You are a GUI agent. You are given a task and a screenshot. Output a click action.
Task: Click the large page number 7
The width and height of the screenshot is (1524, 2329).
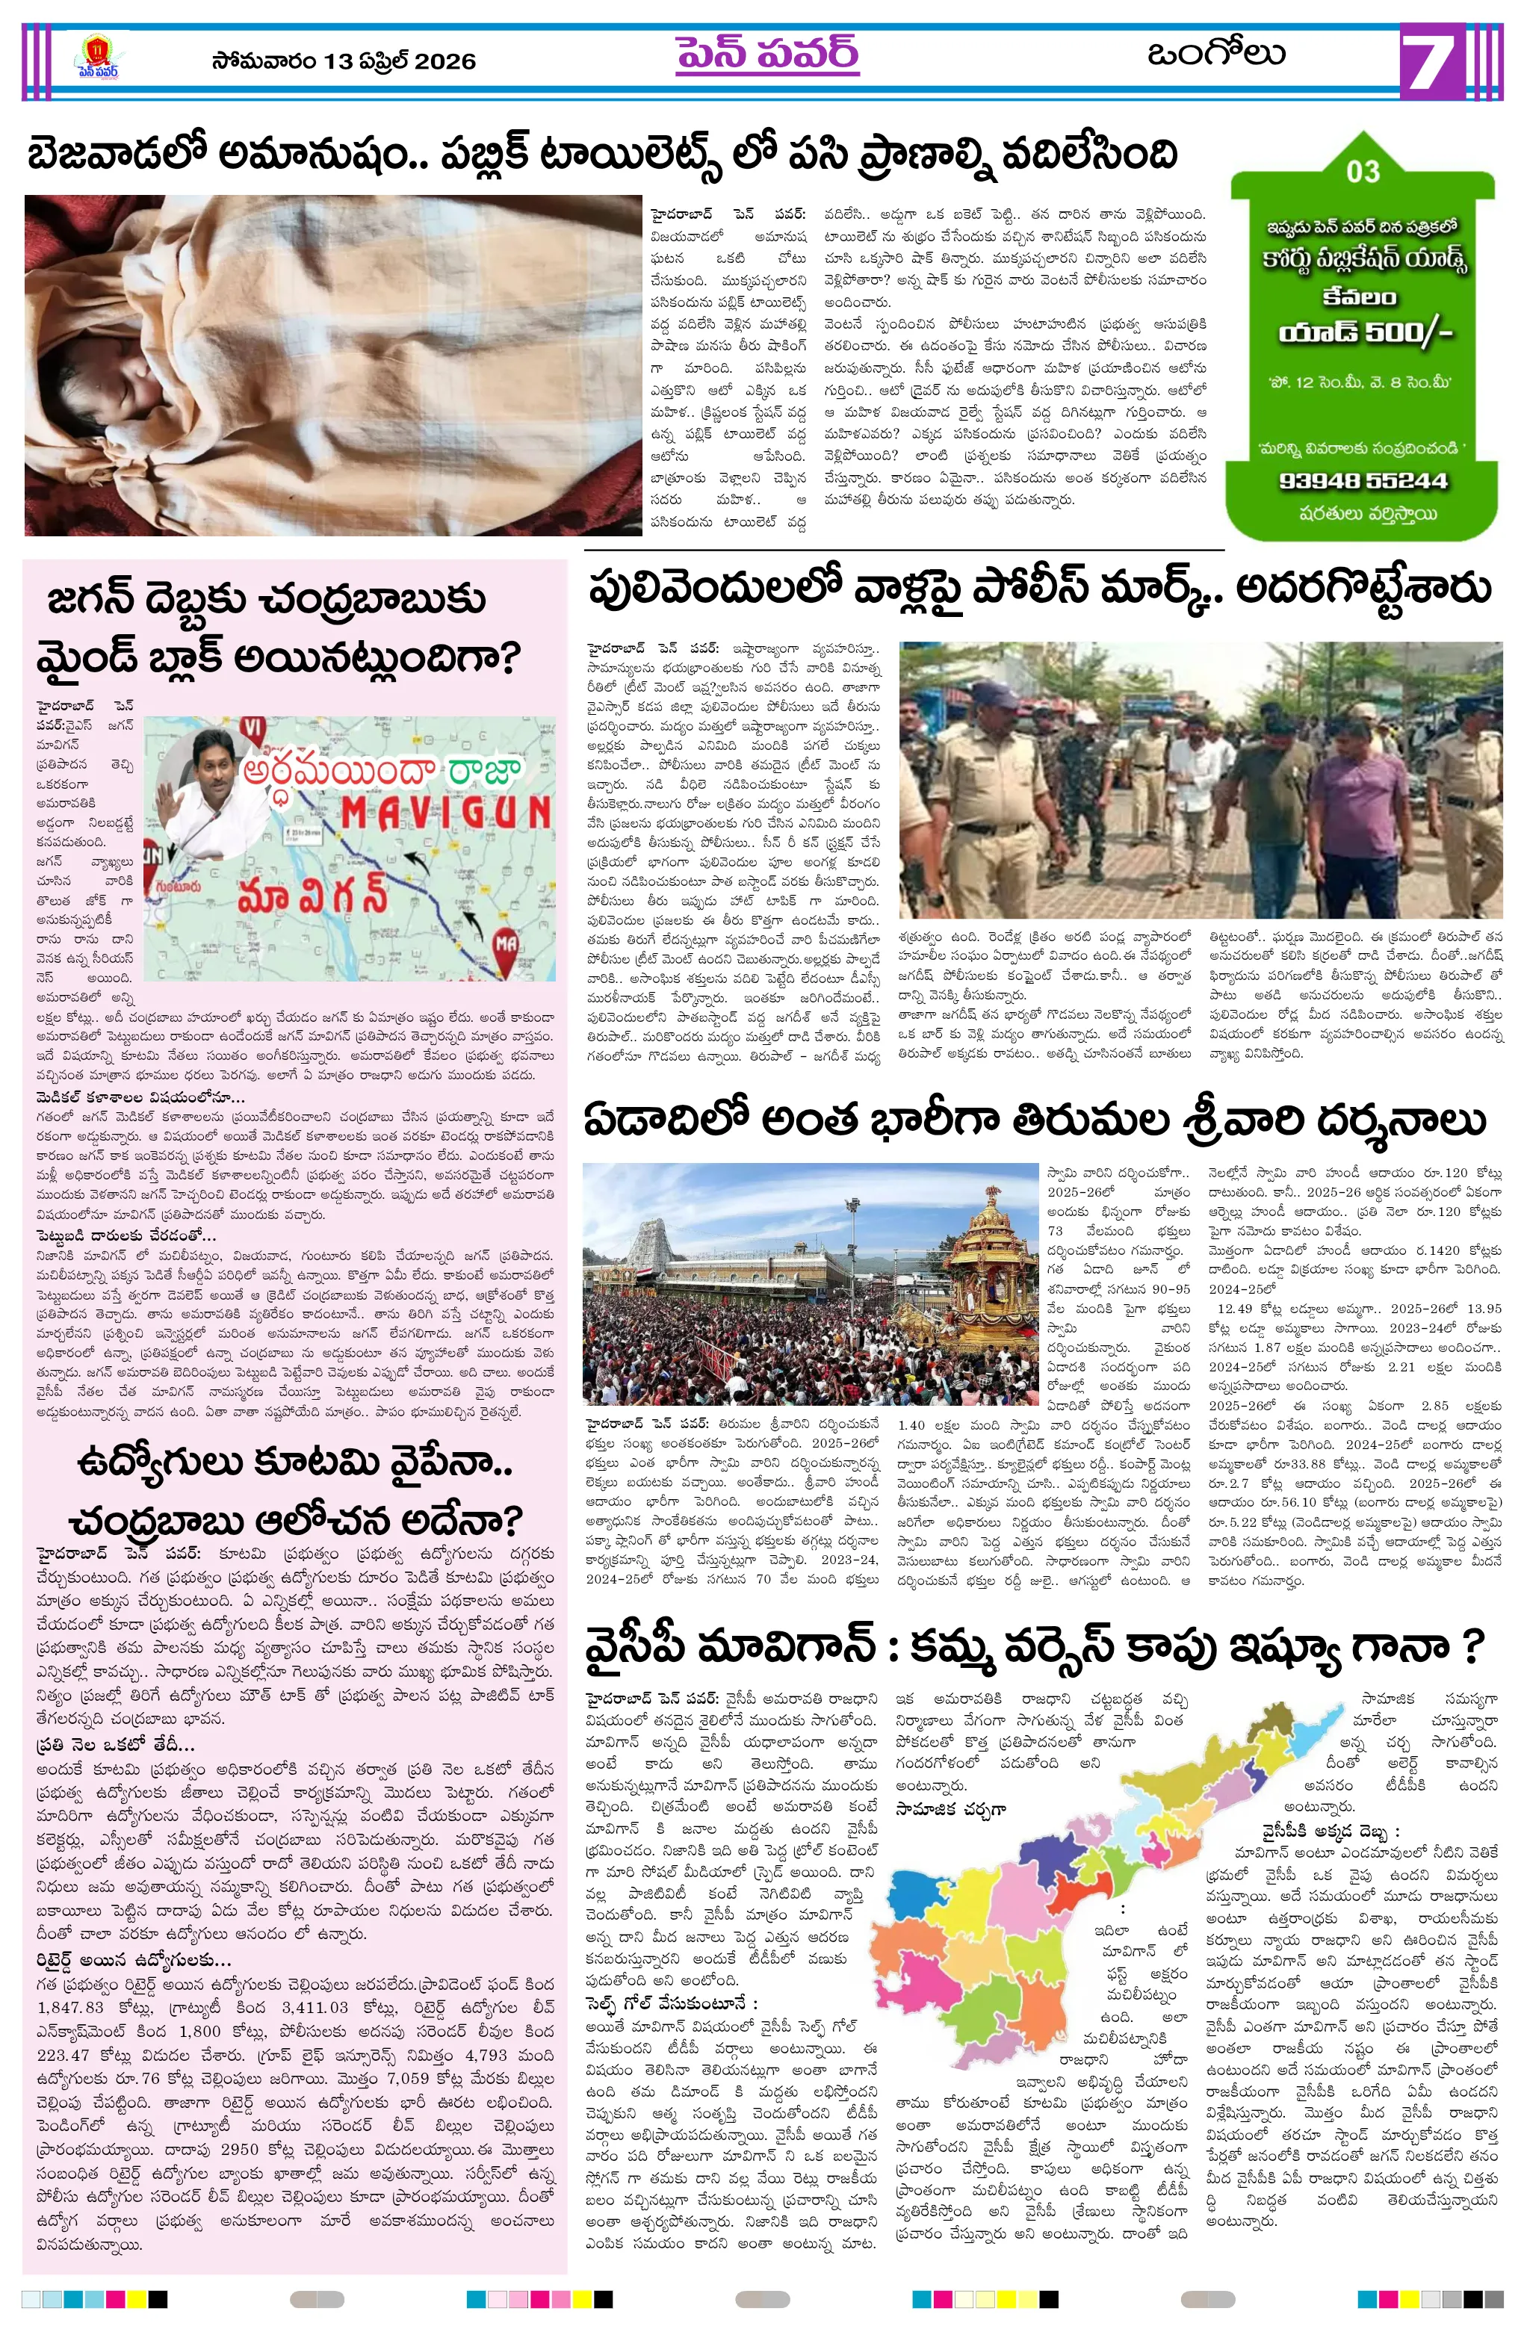coord(1433,61)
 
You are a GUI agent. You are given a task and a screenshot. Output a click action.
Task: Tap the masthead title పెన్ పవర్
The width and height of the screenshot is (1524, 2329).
coord(766,54)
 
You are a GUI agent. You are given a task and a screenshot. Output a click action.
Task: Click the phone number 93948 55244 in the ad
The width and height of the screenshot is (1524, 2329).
coord(1363,480)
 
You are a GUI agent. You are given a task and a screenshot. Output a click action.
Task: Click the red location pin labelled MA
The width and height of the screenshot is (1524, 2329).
coord(505,946)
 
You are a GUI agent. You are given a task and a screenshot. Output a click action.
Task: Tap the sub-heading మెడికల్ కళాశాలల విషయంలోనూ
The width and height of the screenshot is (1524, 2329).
coord(141,1097)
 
